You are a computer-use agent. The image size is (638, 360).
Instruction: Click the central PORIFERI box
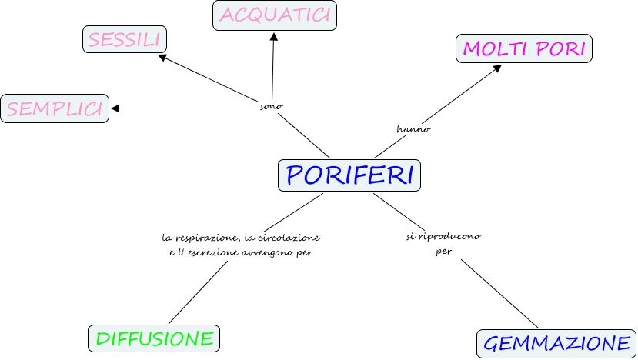click(x=349, y=175)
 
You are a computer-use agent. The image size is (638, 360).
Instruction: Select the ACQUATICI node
click(x=275, y=15)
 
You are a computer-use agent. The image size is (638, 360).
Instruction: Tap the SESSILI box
click(x=125, y=40)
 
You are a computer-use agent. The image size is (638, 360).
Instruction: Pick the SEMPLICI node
click(x=54, y=108)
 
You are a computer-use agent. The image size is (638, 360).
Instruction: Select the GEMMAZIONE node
click(x=557, y=343)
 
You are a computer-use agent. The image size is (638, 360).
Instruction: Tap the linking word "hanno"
click(x=413, y=129)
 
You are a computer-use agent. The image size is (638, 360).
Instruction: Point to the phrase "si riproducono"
click(x=443, y=236)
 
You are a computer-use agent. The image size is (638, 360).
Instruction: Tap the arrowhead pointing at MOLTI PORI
click(x=497, y=68)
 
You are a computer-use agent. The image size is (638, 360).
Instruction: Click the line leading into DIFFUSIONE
click(x=199, y=293)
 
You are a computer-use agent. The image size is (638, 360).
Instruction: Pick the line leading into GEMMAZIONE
click(x=500, y=295)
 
